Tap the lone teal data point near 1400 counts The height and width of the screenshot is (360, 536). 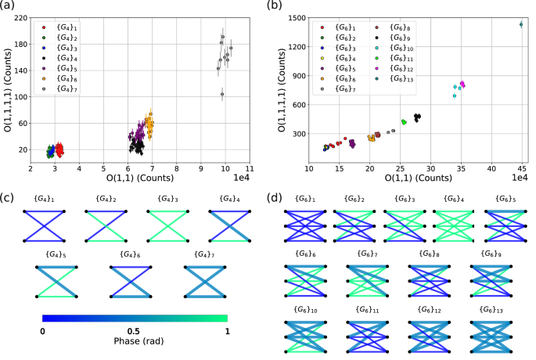click(521, 24)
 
